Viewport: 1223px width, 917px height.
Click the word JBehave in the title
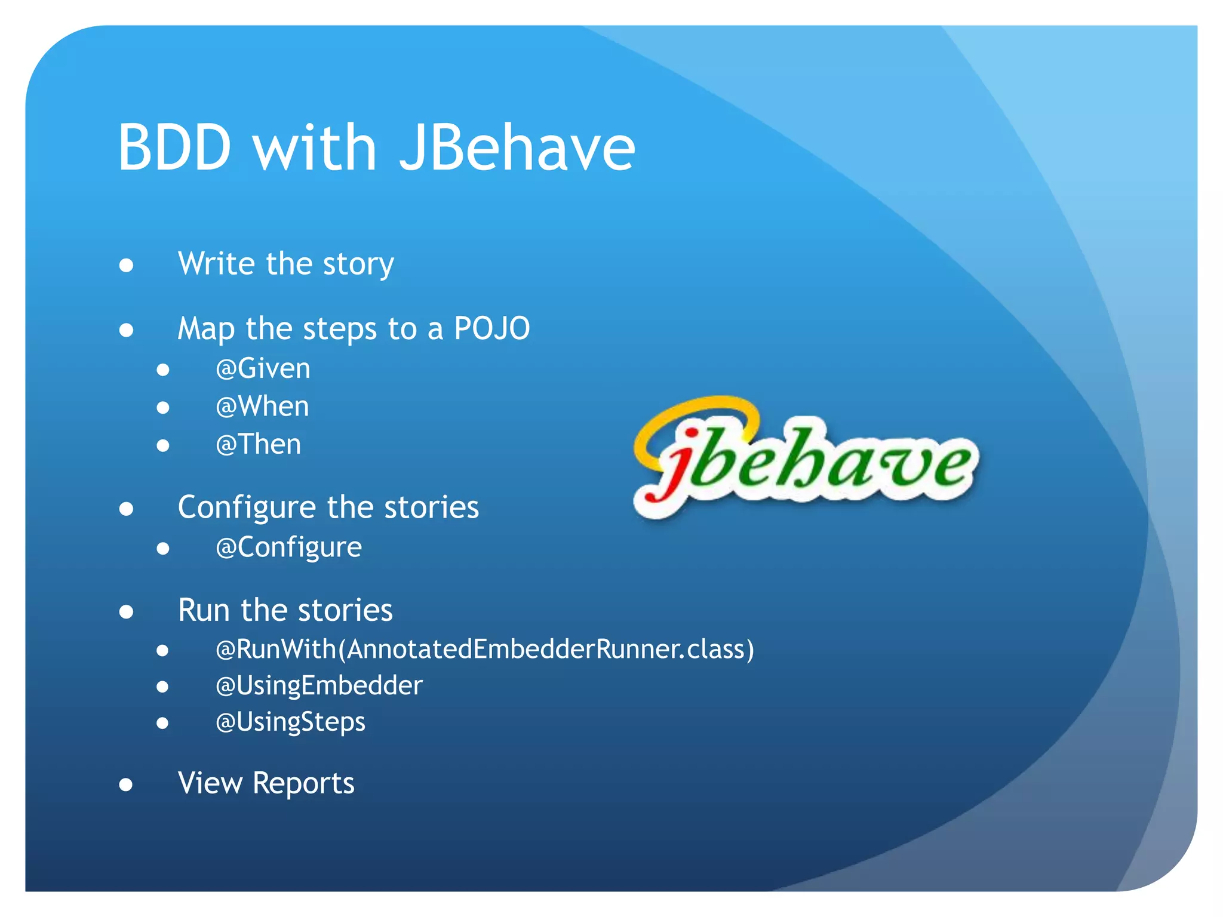517,147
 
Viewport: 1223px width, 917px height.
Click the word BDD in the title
174,147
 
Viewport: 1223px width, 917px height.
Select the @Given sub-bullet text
263,368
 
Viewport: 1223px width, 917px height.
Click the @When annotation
262,407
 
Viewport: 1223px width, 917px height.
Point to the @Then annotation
258,444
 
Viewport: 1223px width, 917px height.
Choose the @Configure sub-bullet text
288,547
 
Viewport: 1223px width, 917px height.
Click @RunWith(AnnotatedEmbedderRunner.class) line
484,649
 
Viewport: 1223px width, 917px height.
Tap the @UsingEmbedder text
319,685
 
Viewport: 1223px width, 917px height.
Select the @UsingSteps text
290,722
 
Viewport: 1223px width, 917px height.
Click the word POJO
491,328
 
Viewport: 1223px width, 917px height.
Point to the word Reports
303,783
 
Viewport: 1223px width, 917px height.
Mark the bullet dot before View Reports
126,784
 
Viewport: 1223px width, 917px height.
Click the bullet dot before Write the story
126,265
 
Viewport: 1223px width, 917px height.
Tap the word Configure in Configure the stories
247,507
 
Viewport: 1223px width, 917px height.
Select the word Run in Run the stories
204,610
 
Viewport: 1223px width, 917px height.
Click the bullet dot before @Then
163,446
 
